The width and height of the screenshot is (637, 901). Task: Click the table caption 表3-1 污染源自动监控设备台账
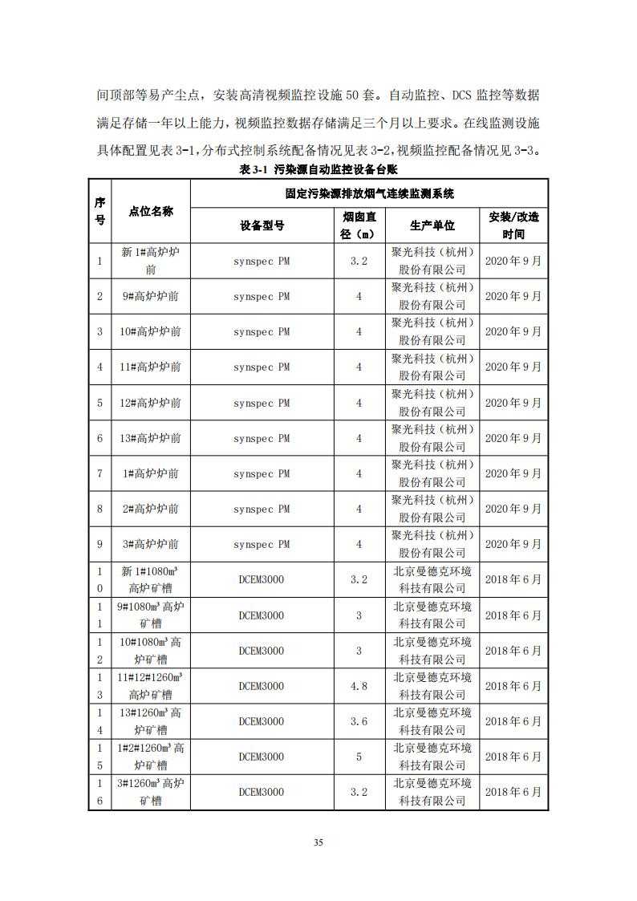pyautogui.click(x=318, y=170)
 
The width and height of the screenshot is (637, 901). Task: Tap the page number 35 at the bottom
pyautogui.click(x=318, y=842)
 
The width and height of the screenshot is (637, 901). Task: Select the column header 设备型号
pyautogui.click(x=262, y=225)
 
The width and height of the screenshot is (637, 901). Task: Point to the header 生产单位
pyautogui.click(x=432, y=225)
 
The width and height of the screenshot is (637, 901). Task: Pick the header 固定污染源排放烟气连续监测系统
pyautogui.click(x=369, y=193)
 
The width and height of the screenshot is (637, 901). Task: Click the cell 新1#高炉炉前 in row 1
pyautogui.click(x=150, y=261)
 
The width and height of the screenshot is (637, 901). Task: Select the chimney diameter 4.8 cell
pyautogui.click(x=359, y=686)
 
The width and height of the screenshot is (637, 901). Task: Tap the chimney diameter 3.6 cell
pyautogui.click(x=359, y=721)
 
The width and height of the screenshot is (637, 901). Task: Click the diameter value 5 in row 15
pyautogui.click(x=359, y=757)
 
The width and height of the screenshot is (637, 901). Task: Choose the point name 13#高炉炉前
pyautogui.click(x=150, y=438)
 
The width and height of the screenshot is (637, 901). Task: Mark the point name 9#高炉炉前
pyautogui.click(x=150, y=296)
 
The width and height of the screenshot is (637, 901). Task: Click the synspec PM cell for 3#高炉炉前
pyautogui.click(x=262, y=544)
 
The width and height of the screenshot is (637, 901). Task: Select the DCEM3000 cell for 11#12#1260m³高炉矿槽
pyautogui.click(x=262, y=686)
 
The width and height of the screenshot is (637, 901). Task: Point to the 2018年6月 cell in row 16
pyautogui.click(x=513, y=792)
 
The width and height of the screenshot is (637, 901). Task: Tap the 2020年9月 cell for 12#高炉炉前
pyautogui.click(x=513, y=403)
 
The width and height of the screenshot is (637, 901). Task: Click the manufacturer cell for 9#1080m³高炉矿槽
pyautogui.click(x=432, y=615)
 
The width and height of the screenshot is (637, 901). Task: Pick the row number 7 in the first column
pyautogui.click(x=99, y=473)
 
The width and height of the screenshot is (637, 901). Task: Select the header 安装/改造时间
pyautogui.click(x=513, y=225)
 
